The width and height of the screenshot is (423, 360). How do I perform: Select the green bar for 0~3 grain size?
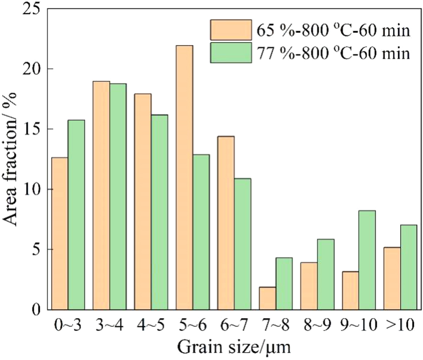(x=76, y=215)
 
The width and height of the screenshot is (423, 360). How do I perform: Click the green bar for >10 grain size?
(x=408, y=267)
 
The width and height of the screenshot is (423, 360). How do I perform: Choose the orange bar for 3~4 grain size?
(x=101, y=195)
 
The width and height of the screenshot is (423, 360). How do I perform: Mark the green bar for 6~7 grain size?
(x=242, y=244)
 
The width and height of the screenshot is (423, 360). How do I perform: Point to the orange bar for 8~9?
(x=309, y=286)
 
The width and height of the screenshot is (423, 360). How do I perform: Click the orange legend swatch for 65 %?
(x=231, y=30)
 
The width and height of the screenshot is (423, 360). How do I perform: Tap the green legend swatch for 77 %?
(x=231, y=53)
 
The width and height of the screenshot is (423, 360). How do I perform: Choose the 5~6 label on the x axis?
(x=192, y=326)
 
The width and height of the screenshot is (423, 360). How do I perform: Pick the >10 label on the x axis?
(x=400, y=326)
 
